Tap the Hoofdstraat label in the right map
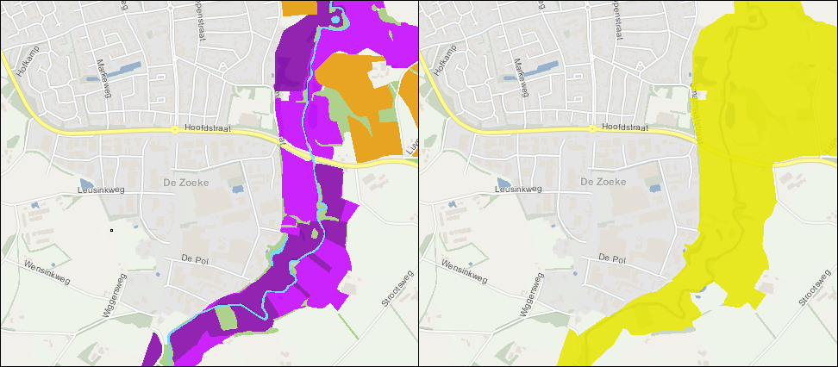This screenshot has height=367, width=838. pos(626,126)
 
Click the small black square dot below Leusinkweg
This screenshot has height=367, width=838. pos(111,230)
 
